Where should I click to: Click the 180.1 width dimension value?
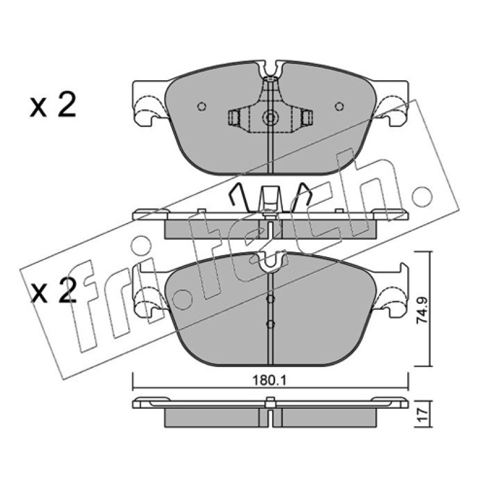[269, 380]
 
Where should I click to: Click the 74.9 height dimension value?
[422, 310]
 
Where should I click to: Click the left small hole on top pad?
[202, 106]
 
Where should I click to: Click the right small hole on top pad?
[340, 106]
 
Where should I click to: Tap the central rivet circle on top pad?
[270, 118]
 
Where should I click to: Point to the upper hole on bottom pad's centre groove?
[270, 299]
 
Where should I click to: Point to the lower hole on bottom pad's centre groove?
[270, 324]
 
